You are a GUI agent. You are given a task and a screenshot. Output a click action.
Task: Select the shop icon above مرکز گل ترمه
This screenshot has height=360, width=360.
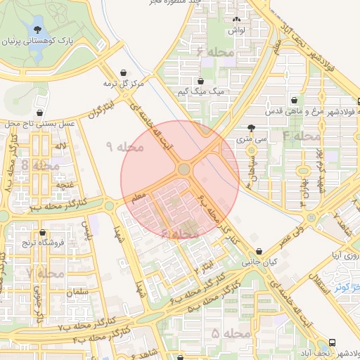124,72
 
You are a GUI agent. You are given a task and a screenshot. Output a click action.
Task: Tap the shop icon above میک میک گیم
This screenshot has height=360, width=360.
202,81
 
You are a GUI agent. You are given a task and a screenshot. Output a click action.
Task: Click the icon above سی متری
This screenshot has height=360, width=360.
252,128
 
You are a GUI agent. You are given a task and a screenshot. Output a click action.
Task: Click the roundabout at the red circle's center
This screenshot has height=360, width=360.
185,169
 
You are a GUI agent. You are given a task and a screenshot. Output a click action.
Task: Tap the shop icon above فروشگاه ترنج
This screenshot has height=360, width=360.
42,233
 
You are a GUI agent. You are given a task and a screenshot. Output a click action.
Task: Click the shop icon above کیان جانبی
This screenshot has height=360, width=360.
261,251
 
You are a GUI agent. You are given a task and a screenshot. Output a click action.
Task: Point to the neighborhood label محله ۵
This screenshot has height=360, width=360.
224,331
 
